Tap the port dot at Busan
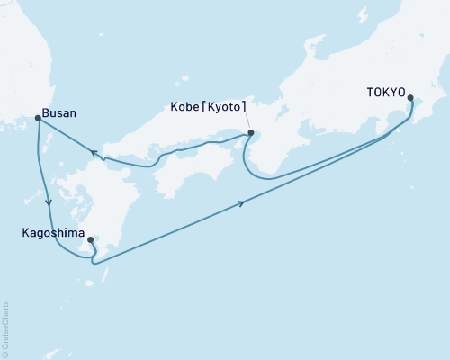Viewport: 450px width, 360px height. click(x=38, y=118)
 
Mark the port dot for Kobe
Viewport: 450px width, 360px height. click(x=251, y=134)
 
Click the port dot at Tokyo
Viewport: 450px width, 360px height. click(x=411, y=98)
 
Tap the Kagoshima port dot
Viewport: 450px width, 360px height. click(x=91, y=240)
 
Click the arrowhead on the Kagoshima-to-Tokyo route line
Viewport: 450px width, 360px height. click(x=242, y=205)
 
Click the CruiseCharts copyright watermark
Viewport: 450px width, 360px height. click(x=5, y=328)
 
